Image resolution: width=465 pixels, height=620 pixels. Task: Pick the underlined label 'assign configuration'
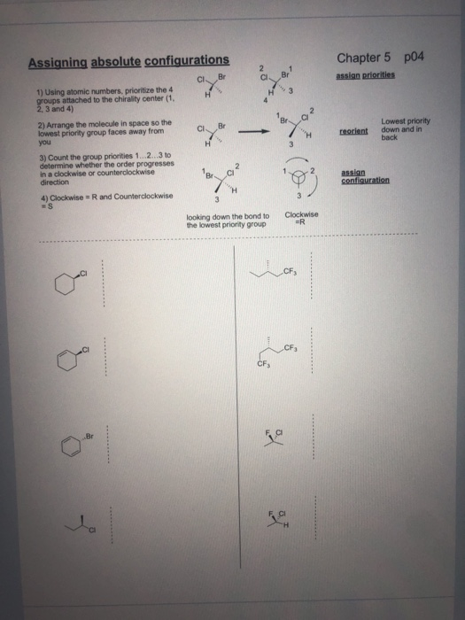(x=364, y=179)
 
